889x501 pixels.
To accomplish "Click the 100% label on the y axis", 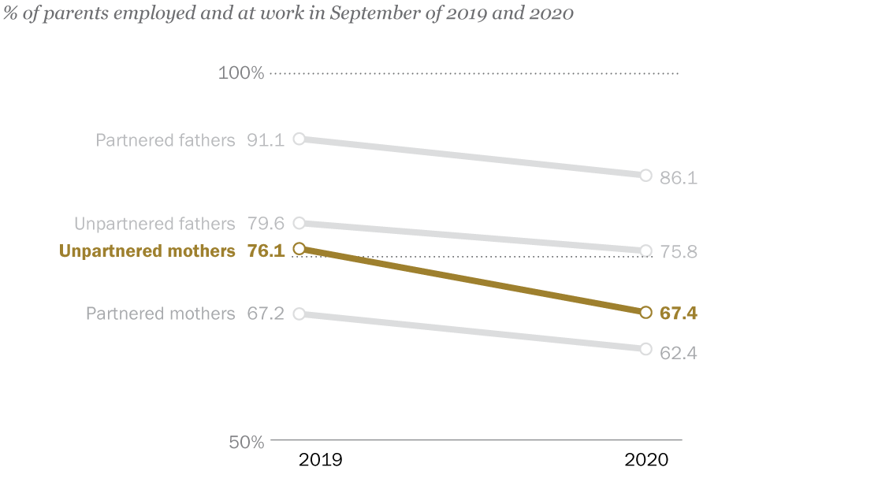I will [241, 73].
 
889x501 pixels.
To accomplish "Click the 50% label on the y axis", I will [247, 442].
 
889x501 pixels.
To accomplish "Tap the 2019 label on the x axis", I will [320, 460].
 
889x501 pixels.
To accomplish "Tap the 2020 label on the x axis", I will [646, 460].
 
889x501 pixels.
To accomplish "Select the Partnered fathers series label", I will [166, 140].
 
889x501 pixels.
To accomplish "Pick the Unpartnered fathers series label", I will [154, 224].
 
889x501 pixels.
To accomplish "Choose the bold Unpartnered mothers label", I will [147, 251].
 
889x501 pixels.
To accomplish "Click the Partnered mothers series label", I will [161, 314].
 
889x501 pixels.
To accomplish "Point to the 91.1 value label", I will [266, 140].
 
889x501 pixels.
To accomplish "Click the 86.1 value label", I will [679, 178].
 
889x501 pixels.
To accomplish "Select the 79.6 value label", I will [266, 224].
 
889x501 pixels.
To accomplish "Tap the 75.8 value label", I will [679, 252].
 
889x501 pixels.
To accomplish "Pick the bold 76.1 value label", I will [266, 251].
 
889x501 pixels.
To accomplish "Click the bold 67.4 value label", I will [679, 314].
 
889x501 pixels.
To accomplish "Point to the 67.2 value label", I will [266, 314].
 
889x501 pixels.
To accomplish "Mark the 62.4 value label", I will [679, 353].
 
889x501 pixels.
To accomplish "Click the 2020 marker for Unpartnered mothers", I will [645, 313].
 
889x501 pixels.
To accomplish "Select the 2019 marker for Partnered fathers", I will [299, 139].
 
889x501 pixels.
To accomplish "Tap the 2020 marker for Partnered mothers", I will [645, 349].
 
